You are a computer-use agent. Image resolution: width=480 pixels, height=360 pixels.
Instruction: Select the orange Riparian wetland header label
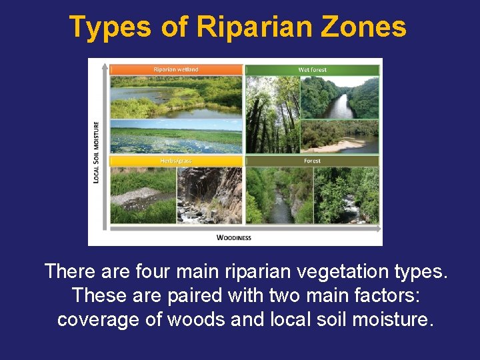[x=176, y=69]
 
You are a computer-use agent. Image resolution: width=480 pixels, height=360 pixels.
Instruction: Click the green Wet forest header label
[x=312, y=69]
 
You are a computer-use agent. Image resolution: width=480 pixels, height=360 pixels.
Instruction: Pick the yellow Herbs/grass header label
[x=176, y=161]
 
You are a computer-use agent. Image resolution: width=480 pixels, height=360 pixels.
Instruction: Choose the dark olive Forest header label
[x=312, y=161]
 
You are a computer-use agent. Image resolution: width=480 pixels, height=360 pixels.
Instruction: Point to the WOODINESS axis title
[x=234, y=237]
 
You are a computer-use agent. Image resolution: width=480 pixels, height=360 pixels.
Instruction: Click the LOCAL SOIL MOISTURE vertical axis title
[x=97, y=151]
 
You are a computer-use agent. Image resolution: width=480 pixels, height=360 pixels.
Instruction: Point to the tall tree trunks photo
[x=272, y=115]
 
